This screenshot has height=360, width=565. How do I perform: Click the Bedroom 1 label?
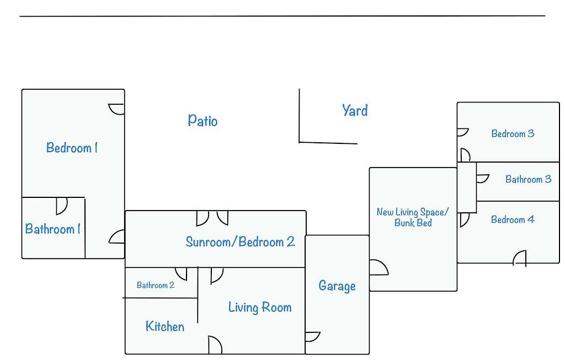(x=72, y=148)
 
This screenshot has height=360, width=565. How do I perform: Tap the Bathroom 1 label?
(x=52, y=229)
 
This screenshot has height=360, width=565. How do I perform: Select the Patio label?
(x=202, y=120)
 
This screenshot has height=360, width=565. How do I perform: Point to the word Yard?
(x=355, y=110)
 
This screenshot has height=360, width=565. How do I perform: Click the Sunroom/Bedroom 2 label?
(x=240, y=241)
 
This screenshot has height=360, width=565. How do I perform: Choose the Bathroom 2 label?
(x=156, y=285)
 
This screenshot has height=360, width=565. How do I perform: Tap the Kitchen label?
(x=164, y=326)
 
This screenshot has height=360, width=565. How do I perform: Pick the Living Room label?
(x=260, y=307)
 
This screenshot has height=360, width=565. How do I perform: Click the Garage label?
(x=337, y=286)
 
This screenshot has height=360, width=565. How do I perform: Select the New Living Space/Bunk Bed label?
(x=413, y=217)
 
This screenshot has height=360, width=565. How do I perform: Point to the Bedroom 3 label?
(x=513, y=133)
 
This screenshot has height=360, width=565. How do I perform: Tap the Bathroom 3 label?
(x=528, y=179)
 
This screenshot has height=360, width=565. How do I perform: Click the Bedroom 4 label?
(x=513, y=219)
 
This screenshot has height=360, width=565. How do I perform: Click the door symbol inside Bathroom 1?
(x=61, y=206)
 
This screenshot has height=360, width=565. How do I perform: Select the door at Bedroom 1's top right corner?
(x=117, y=109)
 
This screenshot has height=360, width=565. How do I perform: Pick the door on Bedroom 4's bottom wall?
(x=520, y=258)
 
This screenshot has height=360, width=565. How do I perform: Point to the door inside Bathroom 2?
(x=181, y=273)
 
